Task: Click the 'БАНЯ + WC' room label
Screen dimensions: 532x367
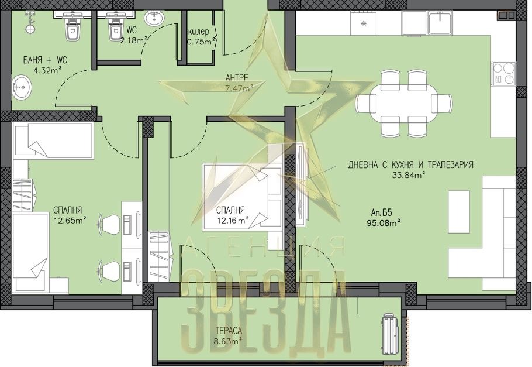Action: [45, 60]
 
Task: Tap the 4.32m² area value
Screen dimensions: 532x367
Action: [47, 71]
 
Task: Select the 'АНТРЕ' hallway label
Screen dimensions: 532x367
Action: [237, 78]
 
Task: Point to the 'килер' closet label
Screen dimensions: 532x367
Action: [199, 32]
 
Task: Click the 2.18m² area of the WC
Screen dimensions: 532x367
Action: [134, 40]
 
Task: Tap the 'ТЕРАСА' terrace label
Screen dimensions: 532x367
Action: [229, 330]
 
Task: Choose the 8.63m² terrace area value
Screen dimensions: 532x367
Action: [227, 341]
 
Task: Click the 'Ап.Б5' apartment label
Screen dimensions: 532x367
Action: [381, 212]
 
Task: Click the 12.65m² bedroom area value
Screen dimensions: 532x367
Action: [70, 221]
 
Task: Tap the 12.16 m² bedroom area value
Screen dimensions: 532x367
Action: [233, 221]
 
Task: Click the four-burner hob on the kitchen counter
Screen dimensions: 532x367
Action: [503, 73]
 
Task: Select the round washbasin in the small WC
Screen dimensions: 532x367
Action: [154, 18]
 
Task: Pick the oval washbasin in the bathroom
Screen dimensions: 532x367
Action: [22, 86]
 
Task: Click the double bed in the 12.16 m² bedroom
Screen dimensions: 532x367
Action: [243, 197]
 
